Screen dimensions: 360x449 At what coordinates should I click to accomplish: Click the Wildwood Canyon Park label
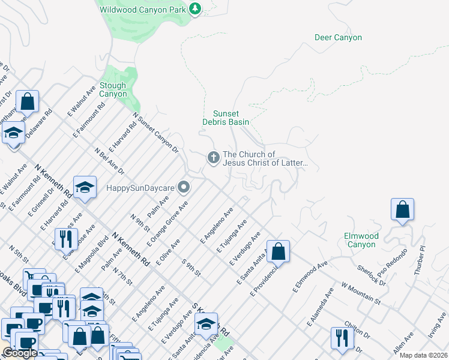(x=142, y=9)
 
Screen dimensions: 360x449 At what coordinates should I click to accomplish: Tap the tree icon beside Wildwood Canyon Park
(x=194, y=8)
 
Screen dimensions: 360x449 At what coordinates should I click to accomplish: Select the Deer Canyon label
(x=338, y=38)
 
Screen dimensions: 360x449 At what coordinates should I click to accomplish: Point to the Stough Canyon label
(x=113, y=90)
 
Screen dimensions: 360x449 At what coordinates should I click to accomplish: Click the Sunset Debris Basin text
(x=231, y=118)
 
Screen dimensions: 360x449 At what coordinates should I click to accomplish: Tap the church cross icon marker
(x=212, y=158)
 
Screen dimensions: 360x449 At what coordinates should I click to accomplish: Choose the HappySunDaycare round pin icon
(x=184, y=188)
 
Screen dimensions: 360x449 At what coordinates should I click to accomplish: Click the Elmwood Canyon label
(x=360, y=240)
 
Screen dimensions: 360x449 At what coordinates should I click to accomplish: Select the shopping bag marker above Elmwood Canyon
(x=402, y=210)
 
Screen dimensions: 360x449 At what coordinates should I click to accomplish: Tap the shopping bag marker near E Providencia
(x=278, y=251)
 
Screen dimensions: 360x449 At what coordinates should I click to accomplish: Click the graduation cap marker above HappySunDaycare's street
(x=85, y=187)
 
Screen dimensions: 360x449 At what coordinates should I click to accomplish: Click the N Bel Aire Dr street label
(x=110, y=161)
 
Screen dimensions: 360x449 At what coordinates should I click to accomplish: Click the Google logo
(x=20, y=353)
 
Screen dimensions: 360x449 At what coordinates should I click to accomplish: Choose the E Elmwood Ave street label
(x=310, y=274)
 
